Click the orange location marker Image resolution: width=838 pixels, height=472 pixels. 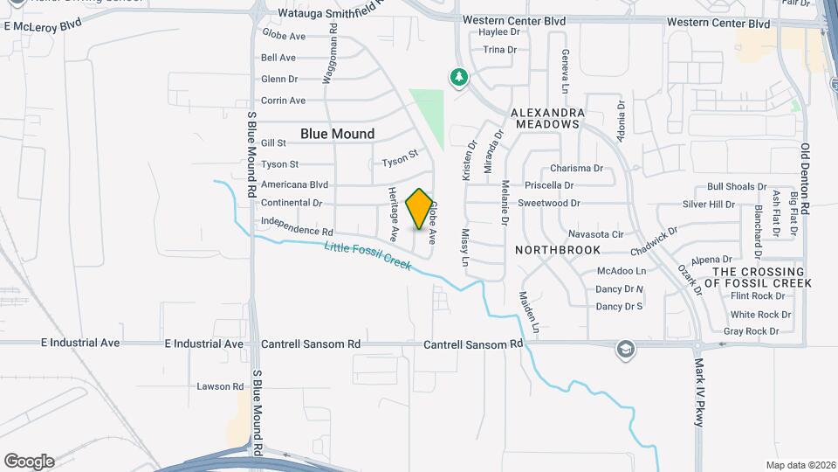point(420,209)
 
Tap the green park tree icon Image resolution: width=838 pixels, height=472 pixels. point(459,78)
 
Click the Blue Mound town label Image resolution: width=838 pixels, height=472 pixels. point(337,134)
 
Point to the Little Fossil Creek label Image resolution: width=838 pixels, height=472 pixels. point(367,255)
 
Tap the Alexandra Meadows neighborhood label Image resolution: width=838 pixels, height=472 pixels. point(546,118)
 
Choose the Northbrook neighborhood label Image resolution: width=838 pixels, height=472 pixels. point(557,250)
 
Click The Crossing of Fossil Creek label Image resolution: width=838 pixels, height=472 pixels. point(763,277)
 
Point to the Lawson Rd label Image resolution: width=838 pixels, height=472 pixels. point(220,386)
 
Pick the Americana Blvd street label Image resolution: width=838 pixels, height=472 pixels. point(294,185)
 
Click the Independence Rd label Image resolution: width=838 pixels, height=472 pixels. point(298,227)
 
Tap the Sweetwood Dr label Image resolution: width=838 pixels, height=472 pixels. point(549,203)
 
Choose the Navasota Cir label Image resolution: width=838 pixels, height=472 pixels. point(595,234)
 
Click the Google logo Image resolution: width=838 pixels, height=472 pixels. point(29,461)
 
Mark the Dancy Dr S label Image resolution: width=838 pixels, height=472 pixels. point(619,307)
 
